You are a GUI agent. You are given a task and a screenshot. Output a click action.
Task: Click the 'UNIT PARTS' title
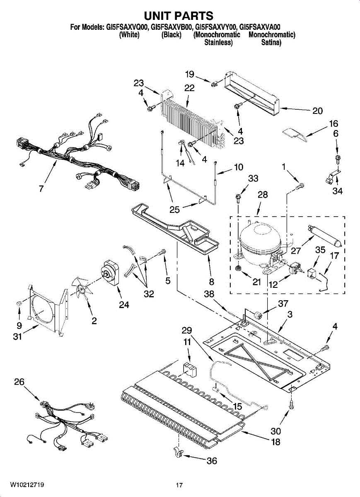pos(179,16)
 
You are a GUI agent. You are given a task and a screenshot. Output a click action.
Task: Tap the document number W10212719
pos(27,485)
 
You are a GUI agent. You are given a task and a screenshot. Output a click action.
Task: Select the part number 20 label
pos(317,111)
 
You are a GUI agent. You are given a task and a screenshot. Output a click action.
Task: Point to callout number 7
pos(41,189)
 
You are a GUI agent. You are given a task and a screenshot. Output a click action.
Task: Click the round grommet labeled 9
pos(19,304)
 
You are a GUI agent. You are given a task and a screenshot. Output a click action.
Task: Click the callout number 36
pos(211,461)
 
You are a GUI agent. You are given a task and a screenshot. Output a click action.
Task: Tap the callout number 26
pos(19,382)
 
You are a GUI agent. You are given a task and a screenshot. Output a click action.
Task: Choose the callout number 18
pos(275,442)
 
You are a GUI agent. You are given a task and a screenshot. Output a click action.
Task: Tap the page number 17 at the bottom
pos(179,485)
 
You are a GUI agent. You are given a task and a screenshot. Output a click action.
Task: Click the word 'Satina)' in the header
pos(271,42)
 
